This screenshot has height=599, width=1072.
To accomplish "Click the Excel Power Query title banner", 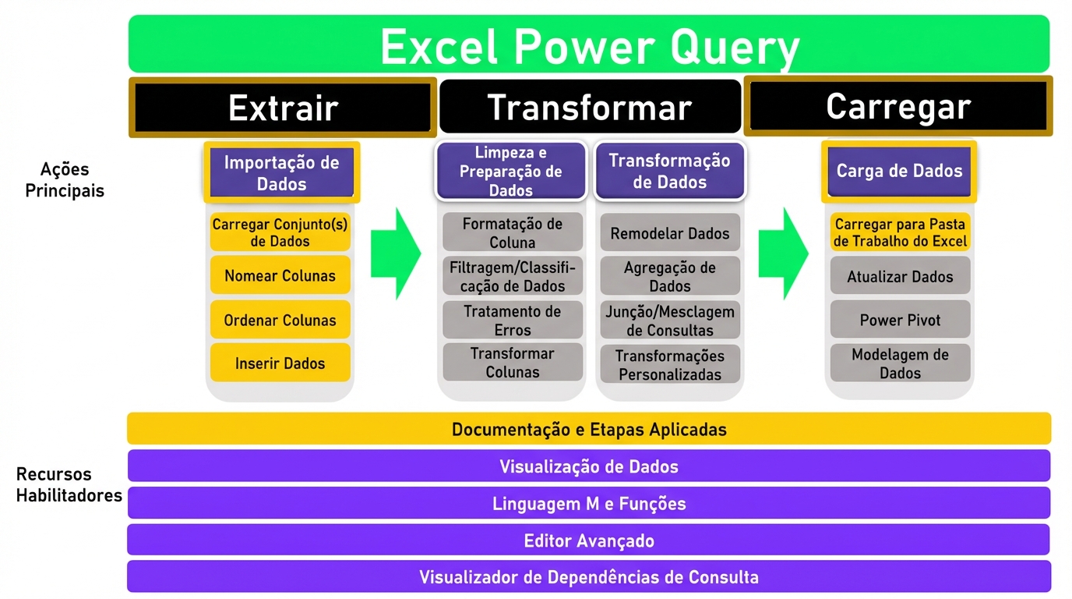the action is pos(589,44).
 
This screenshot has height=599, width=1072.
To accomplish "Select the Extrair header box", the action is pos(282,108).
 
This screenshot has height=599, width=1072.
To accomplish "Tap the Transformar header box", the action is pos(590,106).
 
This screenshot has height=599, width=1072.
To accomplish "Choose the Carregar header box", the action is pos(898,106).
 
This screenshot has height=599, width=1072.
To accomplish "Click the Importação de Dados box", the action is pos(281,172).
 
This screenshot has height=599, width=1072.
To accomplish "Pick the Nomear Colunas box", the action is pos(280,275).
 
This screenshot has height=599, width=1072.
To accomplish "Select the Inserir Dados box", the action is pos(280,363).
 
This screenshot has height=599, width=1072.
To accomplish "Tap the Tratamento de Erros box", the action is pos(512,320).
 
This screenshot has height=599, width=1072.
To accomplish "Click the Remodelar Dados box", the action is pos(670,233).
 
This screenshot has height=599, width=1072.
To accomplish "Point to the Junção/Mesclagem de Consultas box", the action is pos(670,320).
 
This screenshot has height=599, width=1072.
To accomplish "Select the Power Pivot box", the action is pos(900,320).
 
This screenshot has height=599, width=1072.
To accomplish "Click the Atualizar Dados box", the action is pos(900,275).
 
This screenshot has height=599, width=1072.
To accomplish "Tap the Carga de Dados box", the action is pos(899,171).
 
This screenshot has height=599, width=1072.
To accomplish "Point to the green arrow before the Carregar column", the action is pos(784,253).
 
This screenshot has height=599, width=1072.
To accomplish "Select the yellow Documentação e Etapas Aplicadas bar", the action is pos(589,428).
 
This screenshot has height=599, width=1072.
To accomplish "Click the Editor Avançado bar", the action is pos(589,540).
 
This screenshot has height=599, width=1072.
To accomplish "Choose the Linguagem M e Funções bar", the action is pos(589,503).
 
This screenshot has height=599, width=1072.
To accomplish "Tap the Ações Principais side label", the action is pos(65,179).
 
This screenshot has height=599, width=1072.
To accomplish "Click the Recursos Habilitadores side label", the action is pos(69,484).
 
